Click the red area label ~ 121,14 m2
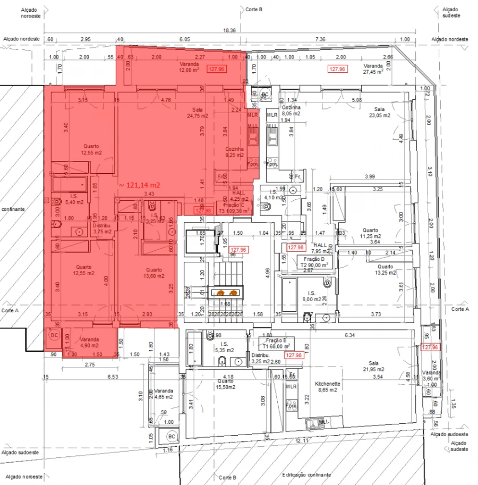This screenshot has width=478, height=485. click(x=139, y=185)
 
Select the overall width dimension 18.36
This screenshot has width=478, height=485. click(x=229, y=31)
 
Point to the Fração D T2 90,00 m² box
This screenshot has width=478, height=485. click(x=314, y=261)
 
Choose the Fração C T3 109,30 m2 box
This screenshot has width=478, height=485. click(x=234, y=208)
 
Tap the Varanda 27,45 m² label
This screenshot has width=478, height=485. click(x=373, y=69)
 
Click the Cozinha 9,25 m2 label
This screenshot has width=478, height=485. click(x=234, y=152)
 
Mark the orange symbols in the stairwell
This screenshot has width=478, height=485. click(x=227, y=292)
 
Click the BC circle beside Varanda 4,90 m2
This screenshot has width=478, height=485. click(x=54, y=336)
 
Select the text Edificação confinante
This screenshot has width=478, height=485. click(x=306, y=474)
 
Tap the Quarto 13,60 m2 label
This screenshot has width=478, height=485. click(x=153, y=273)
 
